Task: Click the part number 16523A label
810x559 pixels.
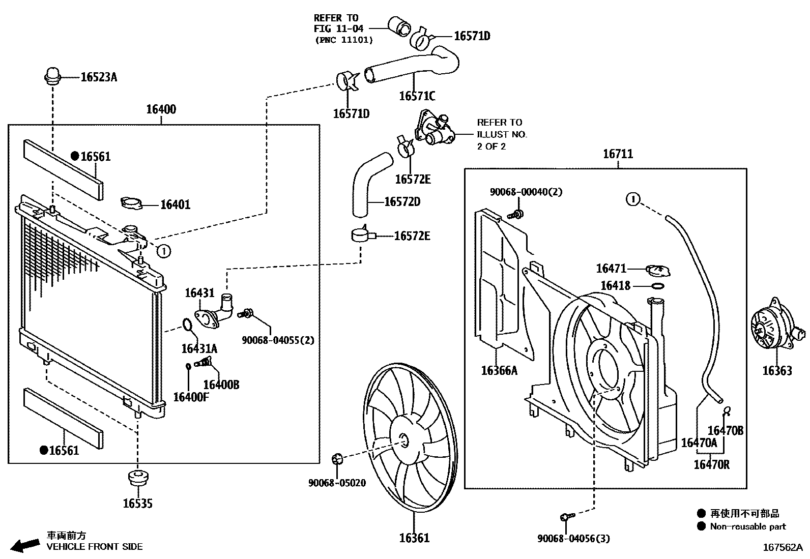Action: [x=99, y=77]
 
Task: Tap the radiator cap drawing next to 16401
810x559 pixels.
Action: [x=131, y=203]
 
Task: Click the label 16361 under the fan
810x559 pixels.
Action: [x=414, y=538]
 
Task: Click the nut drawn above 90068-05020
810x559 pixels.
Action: [x=336, y=459]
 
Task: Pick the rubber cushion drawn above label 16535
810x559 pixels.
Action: [x=137, y=478]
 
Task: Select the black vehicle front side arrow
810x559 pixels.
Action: [x=25, y=545]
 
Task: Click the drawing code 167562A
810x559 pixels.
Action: [x=782, y=548]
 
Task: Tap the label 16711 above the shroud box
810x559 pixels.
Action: [x=618, y=154]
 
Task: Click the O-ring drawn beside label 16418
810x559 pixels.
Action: [x=657, y=286]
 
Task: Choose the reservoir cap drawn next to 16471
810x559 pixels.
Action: [x=658, y=270]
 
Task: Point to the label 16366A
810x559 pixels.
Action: [x=499, y=370]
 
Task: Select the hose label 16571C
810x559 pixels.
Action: [x=417, y=96]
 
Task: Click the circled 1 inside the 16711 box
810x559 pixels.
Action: [x=632, y=199]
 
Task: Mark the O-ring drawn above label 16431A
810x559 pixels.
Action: [x=187, y=324]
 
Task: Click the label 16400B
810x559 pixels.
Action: [x=221, y=385]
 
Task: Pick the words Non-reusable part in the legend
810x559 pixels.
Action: [x=747, y=527]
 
